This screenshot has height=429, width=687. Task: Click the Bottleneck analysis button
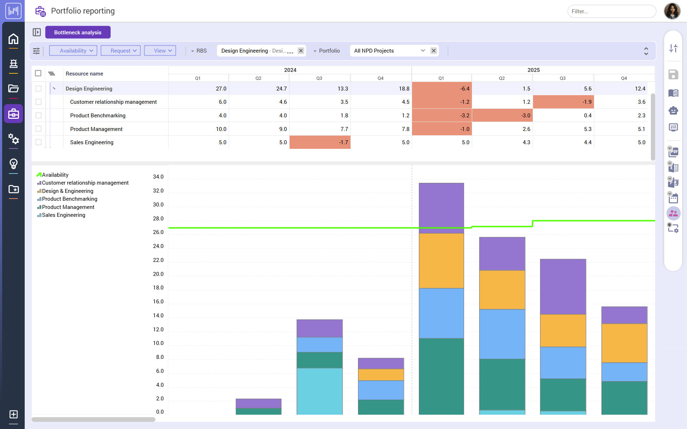pyautogui.click(x=78, y=32)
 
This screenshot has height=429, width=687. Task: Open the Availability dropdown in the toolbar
pyautogui.click(x=73, y=51)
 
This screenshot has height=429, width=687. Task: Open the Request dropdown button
pyautogui.click(x=120, y=51)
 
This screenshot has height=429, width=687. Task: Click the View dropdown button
pyautogui.click(x=160, y=51)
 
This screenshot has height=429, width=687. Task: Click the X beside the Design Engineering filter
pyautogui.click(x=301, y=51)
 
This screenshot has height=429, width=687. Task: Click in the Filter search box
pyautogui.click(x=611, y=11)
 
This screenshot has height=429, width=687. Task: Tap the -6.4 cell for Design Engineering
pyautogui.click(x=442, y=88)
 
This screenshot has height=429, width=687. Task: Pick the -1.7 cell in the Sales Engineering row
pyautogui.click(x=320, y=142)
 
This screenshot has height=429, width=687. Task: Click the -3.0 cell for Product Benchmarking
pyautogui.click(x=502, y=116)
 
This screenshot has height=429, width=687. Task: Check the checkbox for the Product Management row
pyautogui.click(x=38, y=129)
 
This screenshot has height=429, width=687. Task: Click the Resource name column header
pyautogui.click(x=84, y=74)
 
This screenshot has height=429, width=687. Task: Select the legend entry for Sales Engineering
pyautogui.click(x=63, y=215)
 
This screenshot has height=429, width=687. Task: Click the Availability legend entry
pyautogui.click(x=55, y=175)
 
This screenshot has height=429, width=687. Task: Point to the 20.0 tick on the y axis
pyautogui.click(x=158, y=274)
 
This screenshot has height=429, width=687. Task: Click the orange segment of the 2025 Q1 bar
pyautogui.click(x=441, y=260)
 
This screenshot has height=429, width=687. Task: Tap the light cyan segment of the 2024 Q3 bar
pyautogui.click(x=319, y=391)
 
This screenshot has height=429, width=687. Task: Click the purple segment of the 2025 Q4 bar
pyautogui.click(x=624, y=315)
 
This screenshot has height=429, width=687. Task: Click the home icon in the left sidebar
pyautogui.click(x=13, y=39)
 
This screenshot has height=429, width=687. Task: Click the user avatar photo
pyautogui.click(x=672, y=11)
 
